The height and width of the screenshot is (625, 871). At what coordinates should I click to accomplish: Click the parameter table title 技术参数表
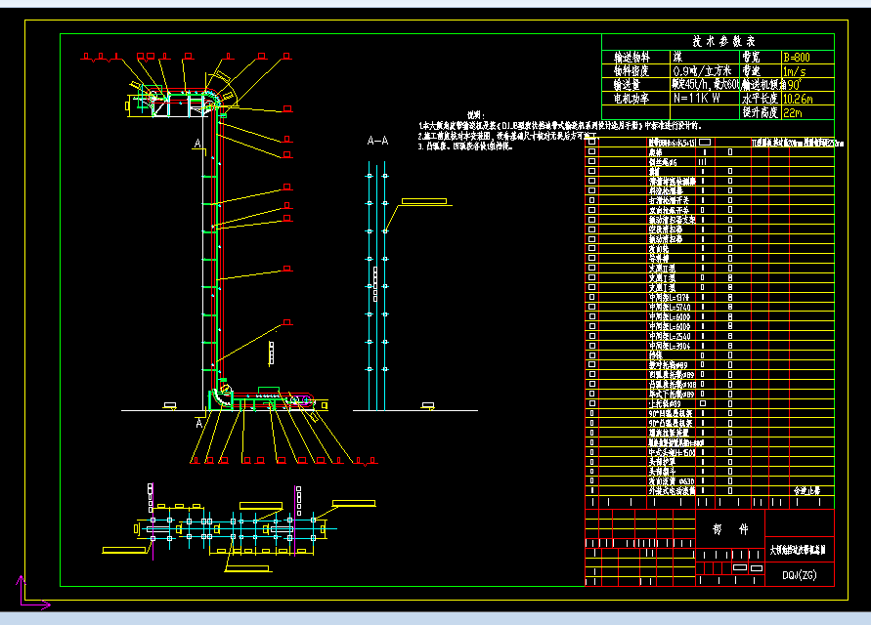724,42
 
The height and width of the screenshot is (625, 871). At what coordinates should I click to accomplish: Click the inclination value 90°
786,85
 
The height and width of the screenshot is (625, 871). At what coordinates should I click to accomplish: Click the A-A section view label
377,142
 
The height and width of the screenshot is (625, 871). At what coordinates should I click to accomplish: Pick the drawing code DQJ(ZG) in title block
799,575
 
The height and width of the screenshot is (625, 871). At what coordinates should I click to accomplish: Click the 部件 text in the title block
722,528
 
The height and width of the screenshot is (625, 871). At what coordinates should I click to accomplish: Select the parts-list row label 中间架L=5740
670,307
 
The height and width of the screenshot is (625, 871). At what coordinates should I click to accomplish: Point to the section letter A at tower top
198,145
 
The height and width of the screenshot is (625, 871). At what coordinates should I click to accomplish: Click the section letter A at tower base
198,423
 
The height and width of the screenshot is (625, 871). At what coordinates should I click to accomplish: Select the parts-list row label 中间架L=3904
670,346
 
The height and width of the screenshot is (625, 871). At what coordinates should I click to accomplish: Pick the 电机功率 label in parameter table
631,99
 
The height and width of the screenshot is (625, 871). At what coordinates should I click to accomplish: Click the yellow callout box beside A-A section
423,201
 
